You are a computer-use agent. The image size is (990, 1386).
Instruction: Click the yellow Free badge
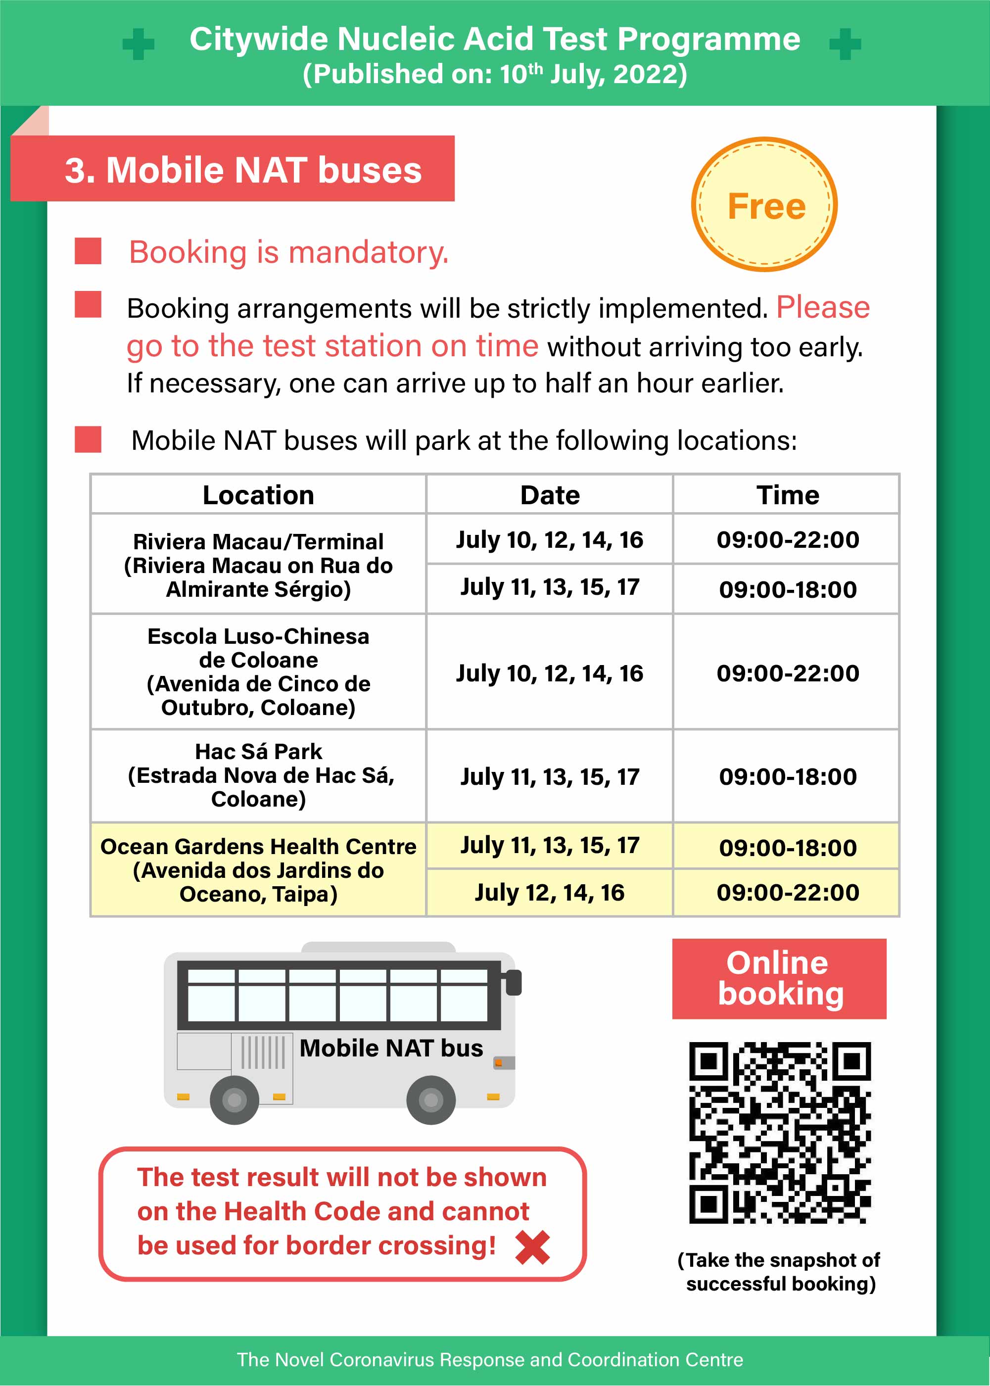(x=764, y=204)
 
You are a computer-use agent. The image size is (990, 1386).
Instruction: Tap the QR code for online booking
(x=780, y=1132)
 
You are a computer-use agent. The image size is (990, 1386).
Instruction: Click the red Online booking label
(x=779, y=979)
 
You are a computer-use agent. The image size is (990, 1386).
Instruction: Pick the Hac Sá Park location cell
(x=258, y=775)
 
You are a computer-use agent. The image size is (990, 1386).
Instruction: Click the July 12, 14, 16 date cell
(x=549, y=893)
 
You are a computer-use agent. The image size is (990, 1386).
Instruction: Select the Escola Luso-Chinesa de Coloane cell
(x=258, y=671)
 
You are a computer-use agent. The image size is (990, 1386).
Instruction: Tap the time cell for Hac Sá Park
(x=787, y=776)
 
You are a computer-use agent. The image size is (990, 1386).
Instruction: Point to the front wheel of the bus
(x=431, y=1100)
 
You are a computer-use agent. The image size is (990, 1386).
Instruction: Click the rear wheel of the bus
(x=234, y=1100)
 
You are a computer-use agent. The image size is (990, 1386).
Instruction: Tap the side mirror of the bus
(x=514, y=982)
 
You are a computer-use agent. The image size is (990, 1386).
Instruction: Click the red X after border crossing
(x=532, y=1247)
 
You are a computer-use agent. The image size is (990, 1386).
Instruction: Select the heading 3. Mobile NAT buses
(x=242, y=170)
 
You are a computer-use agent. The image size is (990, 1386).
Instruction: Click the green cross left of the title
(x=139, y=44)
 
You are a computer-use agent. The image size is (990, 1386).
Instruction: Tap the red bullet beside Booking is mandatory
(x=88, y=251)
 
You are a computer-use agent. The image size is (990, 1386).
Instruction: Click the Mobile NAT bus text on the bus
(x=391, y=1048)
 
